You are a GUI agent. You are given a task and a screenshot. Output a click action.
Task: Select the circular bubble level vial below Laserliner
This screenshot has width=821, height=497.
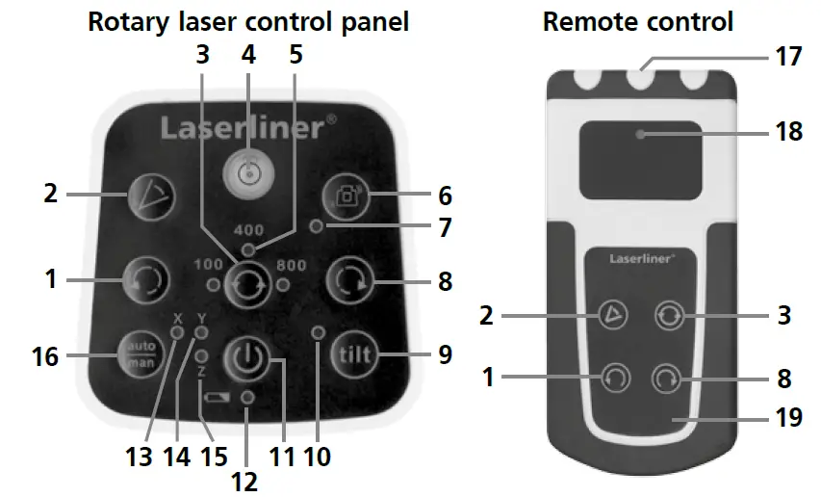(x=248, y=172)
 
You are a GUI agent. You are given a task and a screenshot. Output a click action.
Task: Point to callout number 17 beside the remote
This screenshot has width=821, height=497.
(x=788, y=57)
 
